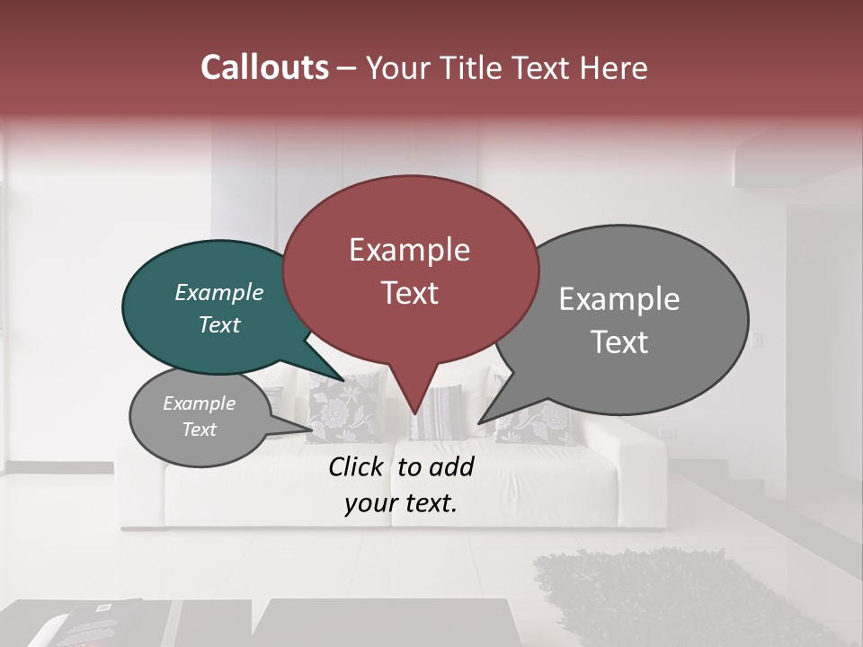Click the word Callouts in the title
[x=265, y=68]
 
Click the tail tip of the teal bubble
[x=343, y=379]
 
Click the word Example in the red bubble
[x=409, y=250]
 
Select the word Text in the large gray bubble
[x=619, y=342]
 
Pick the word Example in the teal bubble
[x=219, y=293]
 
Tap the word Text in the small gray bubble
[x=199, y=430]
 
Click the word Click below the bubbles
[x=358, y=466]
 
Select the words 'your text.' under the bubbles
[x=401, y=504]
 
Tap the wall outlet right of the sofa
[x=667, y=432]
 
